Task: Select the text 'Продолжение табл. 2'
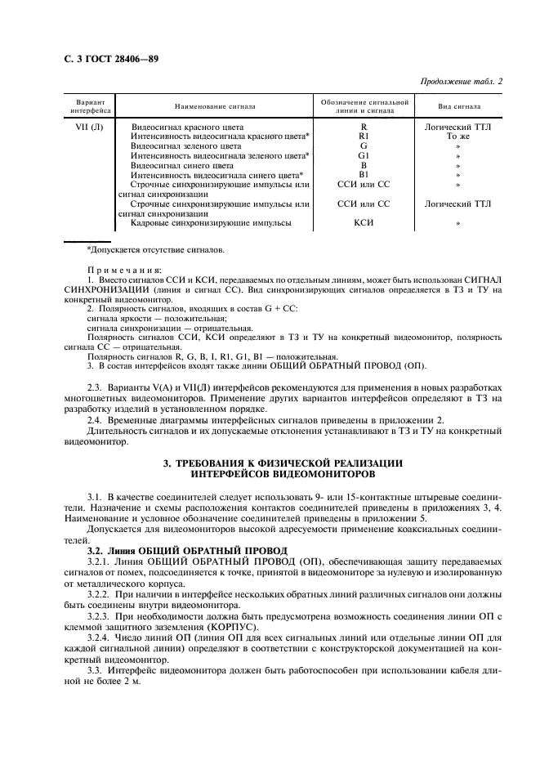(x=462, y=82)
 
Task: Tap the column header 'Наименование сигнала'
(x=215, y=106)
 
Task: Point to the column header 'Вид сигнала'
(x=459, y=106)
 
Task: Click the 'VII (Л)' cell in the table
(x=85, y=127)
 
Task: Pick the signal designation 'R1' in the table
(x=364, y=136)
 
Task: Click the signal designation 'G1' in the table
(x=364, y=155)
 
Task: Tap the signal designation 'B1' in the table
(x=364, y=174)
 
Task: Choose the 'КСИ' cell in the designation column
(x=364, y=222)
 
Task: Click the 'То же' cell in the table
(x=458, y=136)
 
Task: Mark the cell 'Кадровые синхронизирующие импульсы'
(x=210, y=222)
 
